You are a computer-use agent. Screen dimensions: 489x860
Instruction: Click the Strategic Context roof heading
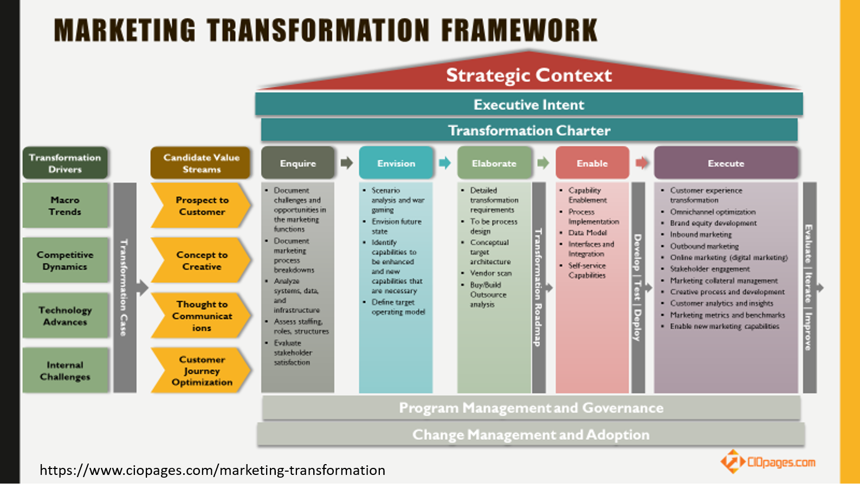(x=529, y=75)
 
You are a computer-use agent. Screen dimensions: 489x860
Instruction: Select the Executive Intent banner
(x=529, y=105)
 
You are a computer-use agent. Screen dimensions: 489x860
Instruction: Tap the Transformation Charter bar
(x=529, y=131)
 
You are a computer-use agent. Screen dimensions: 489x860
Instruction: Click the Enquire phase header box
(x=298, y=163)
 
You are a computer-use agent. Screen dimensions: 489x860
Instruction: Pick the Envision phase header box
(x=396, y=163)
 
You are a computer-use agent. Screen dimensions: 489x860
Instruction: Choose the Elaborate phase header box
(x=494, y=163)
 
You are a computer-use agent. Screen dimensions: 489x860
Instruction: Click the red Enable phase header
(x=592, y=163)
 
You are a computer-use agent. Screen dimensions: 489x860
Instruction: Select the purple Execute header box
(x=726, y=163)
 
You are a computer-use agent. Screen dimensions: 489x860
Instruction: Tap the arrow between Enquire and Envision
(x=347, y=163)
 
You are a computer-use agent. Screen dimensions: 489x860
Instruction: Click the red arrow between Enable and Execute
(x=642, y=163)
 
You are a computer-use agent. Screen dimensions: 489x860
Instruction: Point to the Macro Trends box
(x=65, y=206)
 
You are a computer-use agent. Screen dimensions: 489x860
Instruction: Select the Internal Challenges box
(x=65, y=370)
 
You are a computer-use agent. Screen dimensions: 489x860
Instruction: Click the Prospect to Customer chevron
(x=201, y=206)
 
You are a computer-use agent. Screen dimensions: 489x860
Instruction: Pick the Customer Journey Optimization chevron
(x=201, y=370)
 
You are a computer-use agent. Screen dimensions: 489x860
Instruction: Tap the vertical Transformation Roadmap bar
(x=539, y=288)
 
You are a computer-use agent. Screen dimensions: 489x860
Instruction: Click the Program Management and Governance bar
(x=531, y=408)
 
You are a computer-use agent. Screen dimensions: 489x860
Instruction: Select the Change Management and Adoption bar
(x=531, y=435)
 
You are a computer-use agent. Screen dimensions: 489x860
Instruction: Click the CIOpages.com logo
(x=768, y=462)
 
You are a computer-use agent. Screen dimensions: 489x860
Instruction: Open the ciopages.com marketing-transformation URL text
(x=212, y=470)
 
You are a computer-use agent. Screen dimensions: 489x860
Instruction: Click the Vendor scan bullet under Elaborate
(x=490, y=273)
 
